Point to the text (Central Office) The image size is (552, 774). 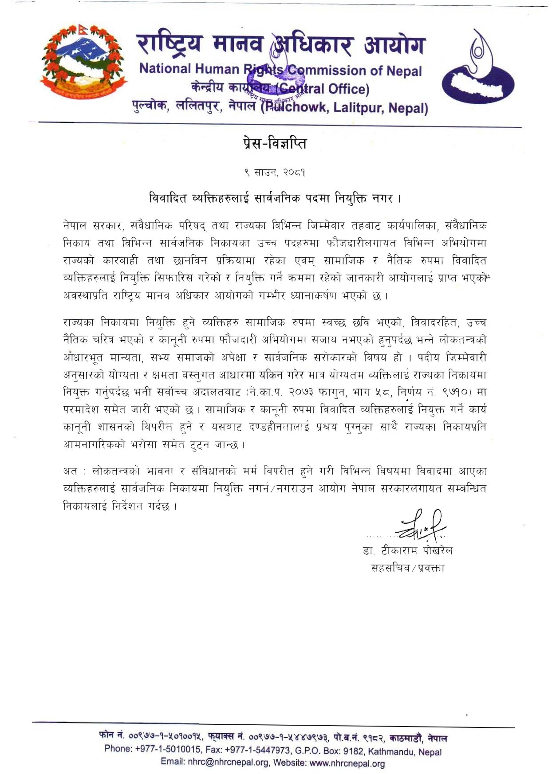click(322, 89)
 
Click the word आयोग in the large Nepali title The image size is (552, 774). click(394, 46)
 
